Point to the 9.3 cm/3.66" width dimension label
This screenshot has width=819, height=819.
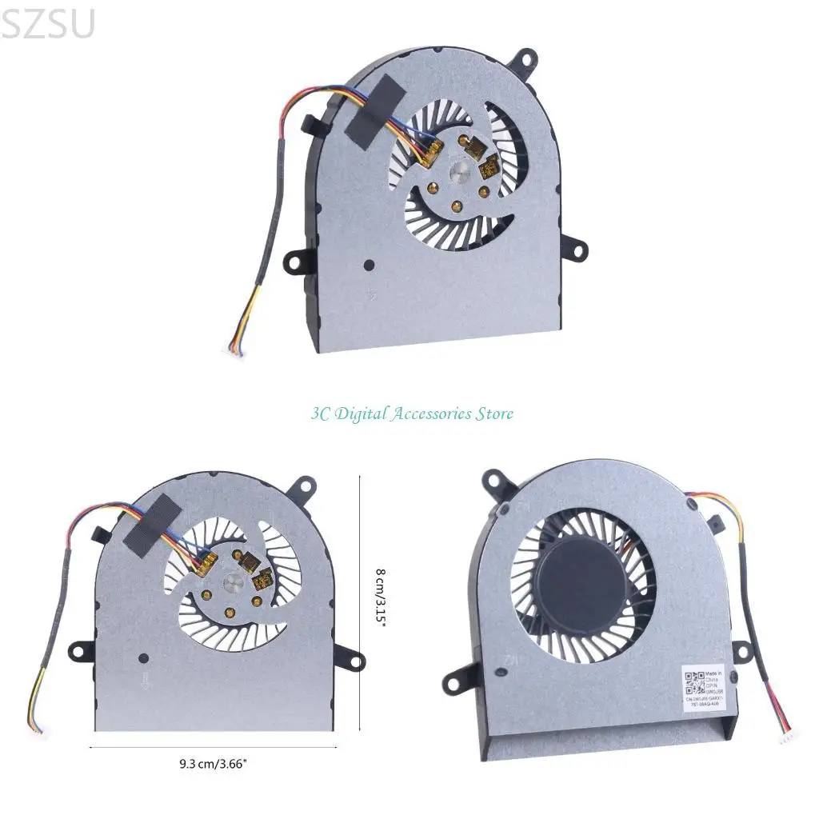pyautogui.click(x=214, y=764)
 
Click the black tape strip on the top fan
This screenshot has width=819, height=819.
pyautogui.click(x=370, y=111)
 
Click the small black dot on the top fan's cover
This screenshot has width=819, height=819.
pyautogui.click(x=368, y=263)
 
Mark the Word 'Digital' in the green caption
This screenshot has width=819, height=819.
pyautogui.click(x=361, y=413)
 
